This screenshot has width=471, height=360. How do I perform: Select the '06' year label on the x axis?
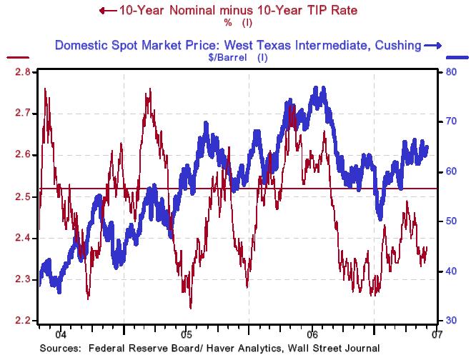(312, 334)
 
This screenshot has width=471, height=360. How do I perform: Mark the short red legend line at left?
(17, 57)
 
